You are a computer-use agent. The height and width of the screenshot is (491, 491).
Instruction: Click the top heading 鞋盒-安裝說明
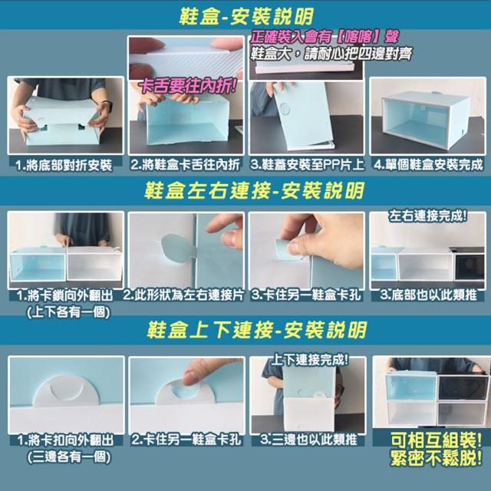[x=245, y=16]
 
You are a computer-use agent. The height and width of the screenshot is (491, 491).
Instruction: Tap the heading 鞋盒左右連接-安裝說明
[x=254, y=190]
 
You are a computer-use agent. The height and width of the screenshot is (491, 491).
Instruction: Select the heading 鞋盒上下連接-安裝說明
[x=256, y=330]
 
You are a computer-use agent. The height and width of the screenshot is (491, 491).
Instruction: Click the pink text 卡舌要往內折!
[x=187, y=86]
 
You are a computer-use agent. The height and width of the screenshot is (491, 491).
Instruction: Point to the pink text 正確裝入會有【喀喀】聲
[x=324, y=37]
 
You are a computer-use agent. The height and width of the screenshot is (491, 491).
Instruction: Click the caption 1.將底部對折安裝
[x=64, y=165]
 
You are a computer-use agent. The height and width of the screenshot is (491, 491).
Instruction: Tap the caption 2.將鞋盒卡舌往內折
[x=186, y=164]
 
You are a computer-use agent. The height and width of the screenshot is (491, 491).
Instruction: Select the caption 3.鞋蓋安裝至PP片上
[x=307, y=164]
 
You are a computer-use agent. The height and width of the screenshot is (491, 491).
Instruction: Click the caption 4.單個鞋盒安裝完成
[x=428, y=164]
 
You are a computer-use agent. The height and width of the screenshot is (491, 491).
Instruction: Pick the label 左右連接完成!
[x=428, y=216]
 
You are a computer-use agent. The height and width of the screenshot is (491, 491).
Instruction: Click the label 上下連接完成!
[x=309, y=360]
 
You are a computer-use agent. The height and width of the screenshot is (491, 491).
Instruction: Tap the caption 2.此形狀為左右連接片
[x=183, y=295]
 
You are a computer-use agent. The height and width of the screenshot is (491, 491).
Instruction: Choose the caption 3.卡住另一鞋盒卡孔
[x=307, y=295]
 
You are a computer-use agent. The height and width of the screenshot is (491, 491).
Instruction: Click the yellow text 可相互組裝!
[x=436, y=441]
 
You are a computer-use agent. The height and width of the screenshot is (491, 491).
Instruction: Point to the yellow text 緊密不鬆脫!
[x=436, y=459]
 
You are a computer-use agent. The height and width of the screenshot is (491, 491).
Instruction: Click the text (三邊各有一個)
[x=69, y=457]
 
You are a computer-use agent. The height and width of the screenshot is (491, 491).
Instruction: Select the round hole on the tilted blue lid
[x=285, y=108]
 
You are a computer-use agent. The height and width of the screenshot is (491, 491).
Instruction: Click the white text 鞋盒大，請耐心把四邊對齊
[x=331, y=54]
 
